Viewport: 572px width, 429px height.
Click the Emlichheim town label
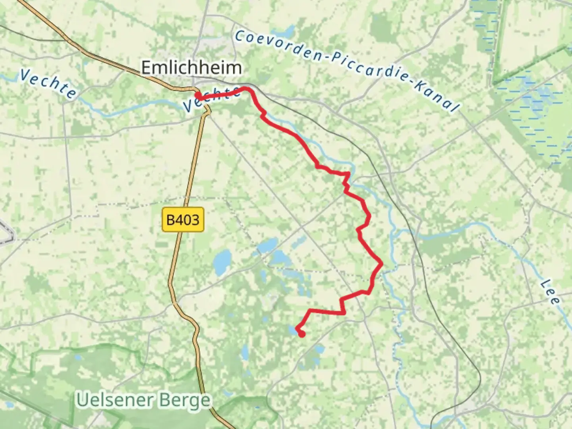point(191,68)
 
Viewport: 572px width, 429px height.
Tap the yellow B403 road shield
point(183,219)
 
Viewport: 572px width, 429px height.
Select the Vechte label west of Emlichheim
point(48,84)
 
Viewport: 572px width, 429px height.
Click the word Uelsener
point(115,400)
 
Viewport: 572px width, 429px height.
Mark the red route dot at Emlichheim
point(197,96)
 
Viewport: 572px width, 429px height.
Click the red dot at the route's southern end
point(302,334)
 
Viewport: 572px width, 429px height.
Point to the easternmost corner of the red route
point(382,263)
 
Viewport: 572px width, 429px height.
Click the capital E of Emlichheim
point(147,68)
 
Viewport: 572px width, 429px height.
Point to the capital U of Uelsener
point(83,400)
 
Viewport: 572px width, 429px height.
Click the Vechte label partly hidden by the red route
point(211,99)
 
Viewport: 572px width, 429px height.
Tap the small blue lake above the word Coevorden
point(288,30)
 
